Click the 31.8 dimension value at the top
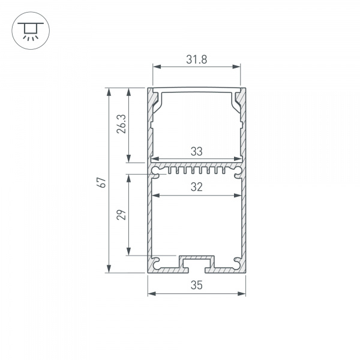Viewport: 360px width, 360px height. tap(196, 59)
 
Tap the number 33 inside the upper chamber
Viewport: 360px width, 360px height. tap(196, 152)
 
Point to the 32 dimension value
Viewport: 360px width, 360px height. tap(196, 187)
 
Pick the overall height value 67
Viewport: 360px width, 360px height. tap(103, 181)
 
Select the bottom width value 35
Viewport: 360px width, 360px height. tap(196, 286)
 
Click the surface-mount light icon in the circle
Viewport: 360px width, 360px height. tap(28, 29)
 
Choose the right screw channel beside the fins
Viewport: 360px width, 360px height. tap(236, 172)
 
